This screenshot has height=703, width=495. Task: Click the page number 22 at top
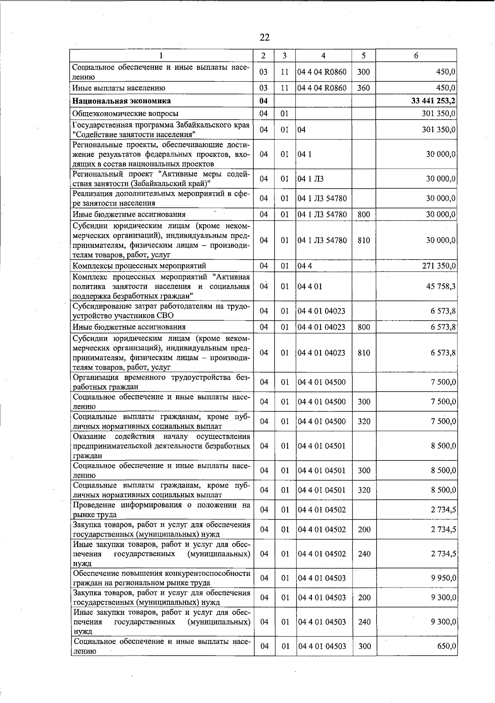pyautogui.click(x=265, y=38)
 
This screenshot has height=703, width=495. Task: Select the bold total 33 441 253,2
pyautogui.click(x=433, y=101)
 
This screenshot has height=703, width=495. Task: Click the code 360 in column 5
pyautogui.click(x=363, y=88)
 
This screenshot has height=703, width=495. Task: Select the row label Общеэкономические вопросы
pyautogui.click(x=125, y=113)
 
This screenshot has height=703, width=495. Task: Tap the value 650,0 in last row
pyautogui.click(x=446, y=646)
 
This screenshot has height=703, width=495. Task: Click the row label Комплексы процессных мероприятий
pyautogui.click(x=139, y=266)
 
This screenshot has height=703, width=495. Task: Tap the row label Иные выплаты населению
pyautogui.click(x=119, y=88)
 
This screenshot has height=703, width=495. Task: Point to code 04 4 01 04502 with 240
pyautogui.click(x=322, y=554)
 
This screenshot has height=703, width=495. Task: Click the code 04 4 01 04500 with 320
pyautogui.click(x=322, y=421)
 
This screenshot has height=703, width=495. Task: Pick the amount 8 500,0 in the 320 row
pyautogui.click(x=443, y=490)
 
